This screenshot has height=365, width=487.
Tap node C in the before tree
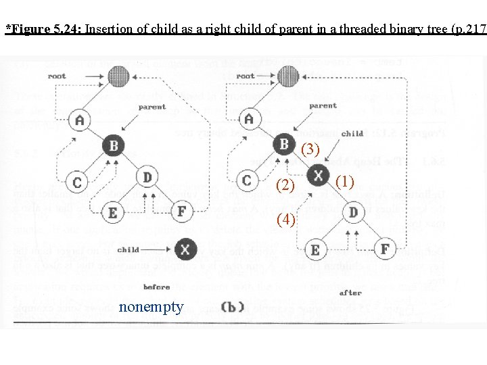click(78, 182)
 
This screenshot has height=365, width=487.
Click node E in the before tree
click(112, 214)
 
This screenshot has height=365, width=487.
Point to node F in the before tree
click(181, 212)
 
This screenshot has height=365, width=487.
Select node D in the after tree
click(352, 212)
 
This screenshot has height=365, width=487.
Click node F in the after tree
click(385, 249)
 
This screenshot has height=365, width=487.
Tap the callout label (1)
click(344, 181)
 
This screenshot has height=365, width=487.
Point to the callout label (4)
click(285, 219)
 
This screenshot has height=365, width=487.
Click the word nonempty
click(150, 308)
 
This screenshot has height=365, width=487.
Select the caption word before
click(156, 287)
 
